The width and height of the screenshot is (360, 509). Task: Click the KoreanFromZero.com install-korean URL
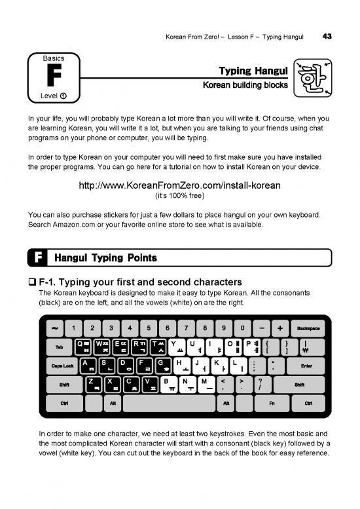click(x=179, y=185)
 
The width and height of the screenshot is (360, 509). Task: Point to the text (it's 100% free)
click(x=179, y=196)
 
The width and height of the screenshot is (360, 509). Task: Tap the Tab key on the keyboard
click(x=59, y=347)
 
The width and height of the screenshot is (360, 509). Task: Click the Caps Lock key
click(x=63, y=366)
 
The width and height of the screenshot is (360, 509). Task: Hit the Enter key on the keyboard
click(x=306, y=366)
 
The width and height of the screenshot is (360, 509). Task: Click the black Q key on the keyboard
click(x=84, y=347)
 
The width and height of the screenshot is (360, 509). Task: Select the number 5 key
click(x=149, y=328)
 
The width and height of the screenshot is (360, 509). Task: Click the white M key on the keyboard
click(x=205, y=384)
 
